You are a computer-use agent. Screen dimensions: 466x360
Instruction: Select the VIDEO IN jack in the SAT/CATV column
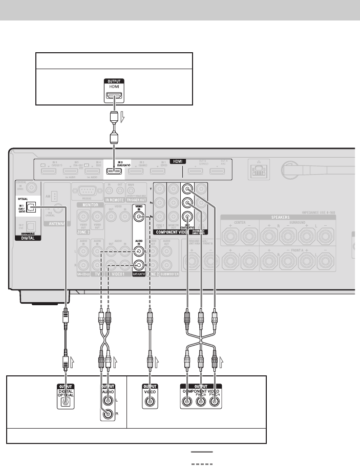pos(138,217)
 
